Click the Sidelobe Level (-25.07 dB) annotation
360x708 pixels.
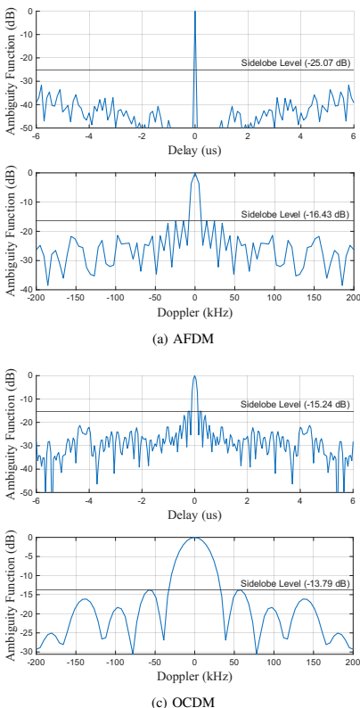296,63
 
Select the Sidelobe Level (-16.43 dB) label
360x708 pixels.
296,214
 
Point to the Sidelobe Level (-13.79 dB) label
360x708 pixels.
296,583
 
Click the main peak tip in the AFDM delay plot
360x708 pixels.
195,12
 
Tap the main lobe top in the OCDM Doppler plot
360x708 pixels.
195,538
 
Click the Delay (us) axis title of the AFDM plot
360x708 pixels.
194,151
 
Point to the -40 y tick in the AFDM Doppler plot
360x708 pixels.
28,290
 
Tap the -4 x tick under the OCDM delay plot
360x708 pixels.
89,501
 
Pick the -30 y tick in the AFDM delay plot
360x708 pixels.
28,81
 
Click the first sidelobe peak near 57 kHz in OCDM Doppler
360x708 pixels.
240,590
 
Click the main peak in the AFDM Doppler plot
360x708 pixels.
195,173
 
